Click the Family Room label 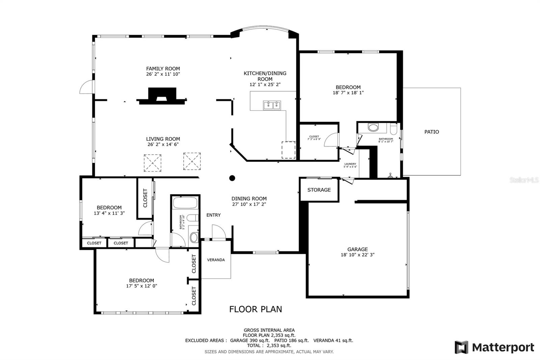163,69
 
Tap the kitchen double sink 272,105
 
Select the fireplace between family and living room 162,96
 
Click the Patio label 432,132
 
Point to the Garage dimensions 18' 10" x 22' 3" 357,255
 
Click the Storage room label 319,190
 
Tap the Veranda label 216,260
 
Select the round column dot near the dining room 232,178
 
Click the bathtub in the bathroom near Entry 185,203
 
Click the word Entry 214,215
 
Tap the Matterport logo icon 461,347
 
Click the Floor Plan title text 255,309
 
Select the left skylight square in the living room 153,163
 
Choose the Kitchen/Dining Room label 265,76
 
